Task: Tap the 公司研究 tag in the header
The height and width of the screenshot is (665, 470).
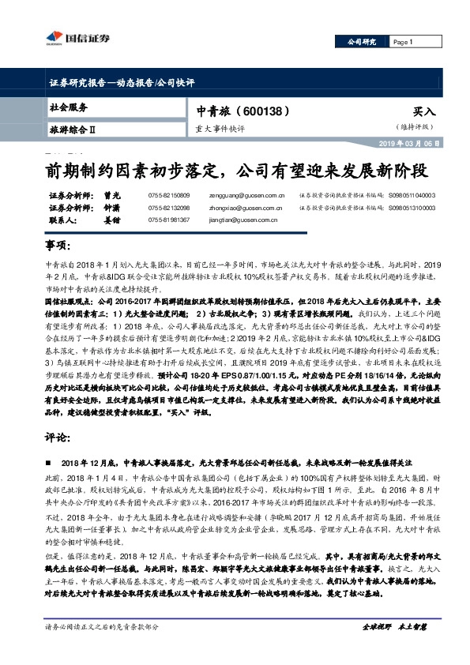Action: (363, 42)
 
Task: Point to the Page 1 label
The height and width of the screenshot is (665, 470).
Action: (403, 42)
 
